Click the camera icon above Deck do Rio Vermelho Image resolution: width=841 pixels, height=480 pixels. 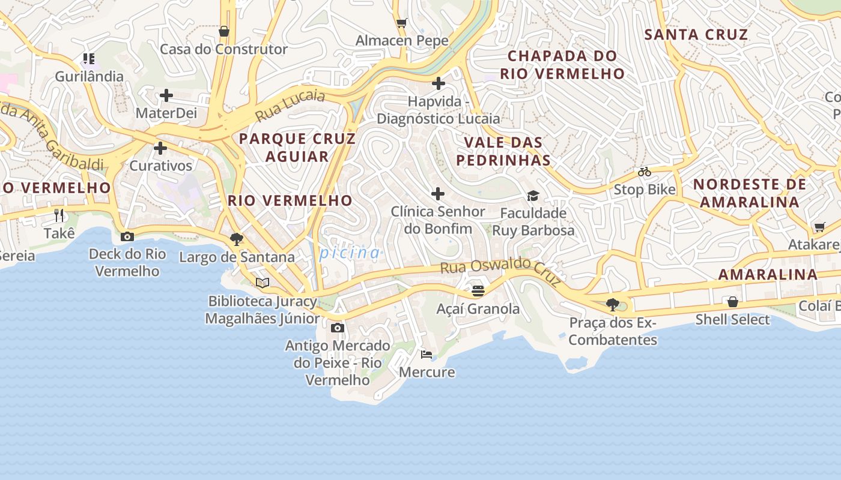[127, 237]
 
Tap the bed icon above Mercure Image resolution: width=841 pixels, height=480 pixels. [427, 355]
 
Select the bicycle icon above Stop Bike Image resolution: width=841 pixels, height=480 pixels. [645, 172]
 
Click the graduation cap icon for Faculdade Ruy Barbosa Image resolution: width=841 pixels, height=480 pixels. [533, 196]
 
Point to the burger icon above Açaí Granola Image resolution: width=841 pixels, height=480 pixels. [478, 291]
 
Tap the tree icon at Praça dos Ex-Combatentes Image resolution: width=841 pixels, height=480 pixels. [613, 305]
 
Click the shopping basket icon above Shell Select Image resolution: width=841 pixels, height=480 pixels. [732, 302]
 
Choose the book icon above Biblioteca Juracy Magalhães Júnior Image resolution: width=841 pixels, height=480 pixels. [262, 283]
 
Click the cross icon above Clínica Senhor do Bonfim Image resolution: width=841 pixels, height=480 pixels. [438, 194]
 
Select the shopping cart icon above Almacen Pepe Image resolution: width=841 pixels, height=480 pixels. [402, 23]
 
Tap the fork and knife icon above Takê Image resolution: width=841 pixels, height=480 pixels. [59, 215]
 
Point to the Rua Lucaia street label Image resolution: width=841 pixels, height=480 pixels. [290, 105]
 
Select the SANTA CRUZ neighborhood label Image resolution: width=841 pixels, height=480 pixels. [696, 35]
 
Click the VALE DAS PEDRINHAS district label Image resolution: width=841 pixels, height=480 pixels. [503, 151]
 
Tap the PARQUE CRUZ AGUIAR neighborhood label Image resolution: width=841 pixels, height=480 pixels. [297, 148]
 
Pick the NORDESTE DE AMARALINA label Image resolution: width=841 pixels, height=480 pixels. [750, 193]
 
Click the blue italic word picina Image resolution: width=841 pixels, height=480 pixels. [350, 253]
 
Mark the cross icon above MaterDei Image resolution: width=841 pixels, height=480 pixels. [166, 95]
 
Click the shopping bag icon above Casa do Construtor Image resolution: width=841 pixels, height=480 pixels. [224, 31]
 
